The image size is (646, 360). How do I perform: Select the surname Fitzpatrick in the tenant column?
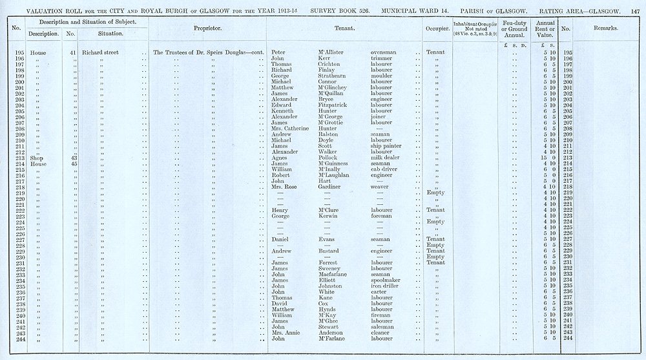[x=332, y=105]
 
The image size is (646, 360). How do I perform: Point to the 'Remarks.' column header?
[x=605, y=29]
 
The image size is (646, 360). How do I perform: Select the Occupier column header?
[x=436, y=29]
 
